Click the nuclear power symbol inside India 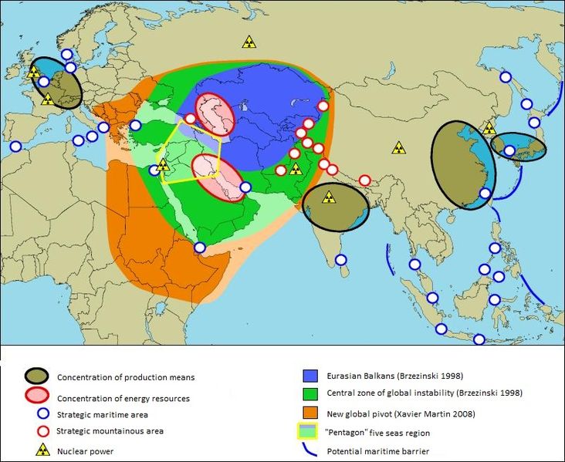pyautogui.click(x=330, y=197)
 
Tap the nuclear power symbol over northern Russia pyautogui.click(x=249, y=42)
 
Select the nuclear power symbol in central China pyautogui.click(x=398, y=147)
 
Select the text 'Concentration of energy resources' pyautogui.click(x=123, y=399)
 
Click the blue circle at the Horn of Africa pyautogui.click(x=200, y=248)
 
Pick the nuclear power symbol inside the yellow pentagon pyautogui.click(x=163, y=164)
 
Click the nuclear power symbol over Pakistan pyautogui.click(x=295, y=168)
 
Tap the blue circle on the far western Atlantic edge pyautogui.click(x=15, y=146)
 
